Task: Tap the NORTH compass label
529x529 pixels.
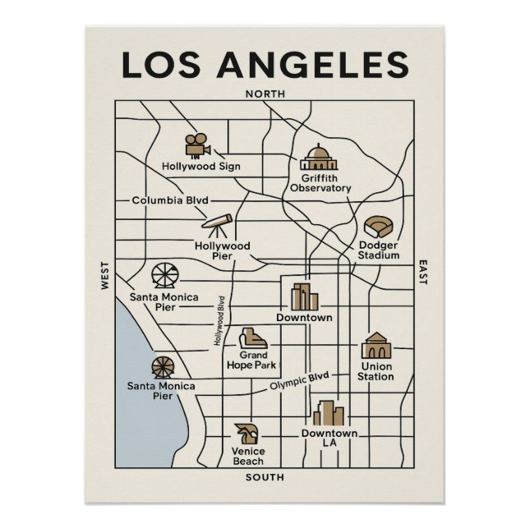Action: click(x=265, y=94)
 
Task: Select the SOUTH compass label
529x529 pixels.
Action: click(x=264, y=477)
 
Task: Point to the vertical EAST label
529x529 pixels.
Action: click(x=423, y=272)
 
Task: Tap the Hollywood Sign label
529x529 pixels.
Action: click(x=201, y=166)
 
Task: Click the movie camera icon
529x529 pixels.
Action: click(x=197, y=145)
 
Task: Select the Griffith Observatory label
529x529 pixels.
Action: click(x=320, y=182)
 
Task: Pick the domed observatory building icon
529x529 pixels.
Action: click(x=319, y=157)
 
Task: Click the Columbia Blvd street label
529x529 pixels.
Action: click(x=170, y=200)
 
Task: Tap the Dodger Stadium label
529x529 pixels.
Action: click(x=378, y=250)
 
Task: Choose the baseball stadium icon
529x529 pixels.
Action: click(x=377, y=226)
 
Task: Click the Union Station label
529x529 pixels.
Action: click(x=375, y=371)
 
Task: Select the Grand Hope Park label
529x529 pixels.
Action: click(x=251, y=360)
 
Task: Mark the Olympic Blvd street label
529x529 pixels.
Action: click(x=300, y=381)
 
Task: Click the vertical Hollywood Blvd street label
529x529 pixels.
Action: click(x=219, y=320)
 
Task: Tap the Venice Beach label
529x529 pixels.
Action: click(x=248, y=456)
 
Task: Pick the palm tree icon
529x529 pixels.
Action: click(x=246, y=433)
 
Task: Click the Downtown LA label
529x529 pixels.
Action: click(x=329, y=438)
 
